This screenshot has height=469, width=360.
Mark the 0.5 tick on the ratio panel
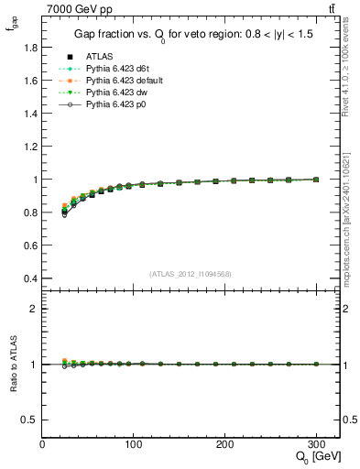click(x=30, y=419)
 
